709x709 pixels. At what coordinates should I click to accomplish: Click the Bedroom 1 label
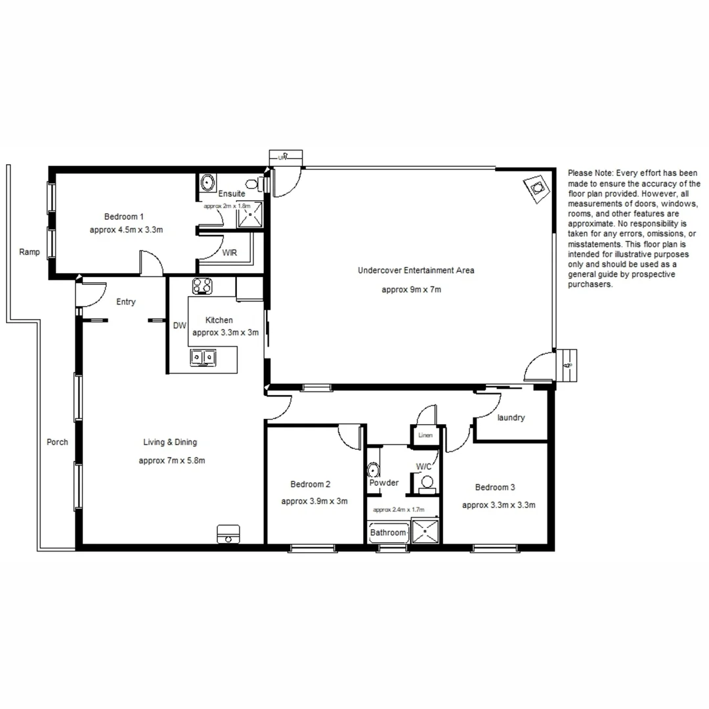pos(123,217)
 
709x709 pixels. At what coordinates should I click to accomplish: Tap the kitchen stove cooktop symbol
pos(202,286)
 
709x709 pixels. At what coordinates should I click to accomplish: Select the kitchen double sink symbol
pos(204,357)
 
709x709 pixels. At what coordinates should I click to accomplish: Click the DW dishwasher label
pos(179,325)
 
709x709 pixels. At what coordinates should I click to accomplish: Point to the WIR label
pos(230,252)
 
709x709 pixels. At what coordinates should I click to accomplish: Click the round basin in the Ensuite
pos(208,182)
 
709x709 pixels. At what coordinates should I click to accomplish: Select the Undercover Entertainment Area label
pos(416,270)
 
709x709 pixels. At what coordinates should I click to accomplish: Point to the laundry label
pos(511,418)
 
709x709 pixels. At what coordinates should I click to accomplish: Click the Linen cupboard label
pos(425,435)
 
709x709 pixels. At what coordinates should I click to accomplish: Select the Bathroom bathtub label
pos(387,532)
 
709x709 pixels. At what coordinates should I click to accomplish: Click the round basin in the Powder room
pos(374,470)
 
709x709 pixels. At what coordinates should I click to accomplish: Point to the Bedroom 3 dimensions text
pos(498,505)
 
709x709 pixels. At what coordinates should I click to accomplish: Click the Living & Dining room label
pos(170,442)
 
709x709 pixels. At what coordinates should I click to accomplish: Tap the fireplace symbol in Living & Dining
pos(228,533)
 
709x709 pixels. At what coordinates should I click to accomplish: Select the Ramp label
pos(30,251)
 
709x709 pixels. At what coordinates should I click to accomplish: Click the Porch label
pos(57,442)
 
